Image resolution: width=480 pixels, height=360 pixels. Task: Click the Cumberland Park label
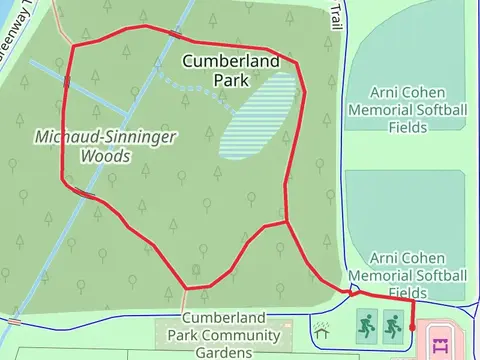coord(229,70)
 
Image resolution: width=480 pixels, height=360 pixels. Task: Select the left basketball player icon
coord(365,324)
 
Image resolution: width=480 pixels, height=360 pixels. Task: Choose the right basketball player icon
coord(392,324)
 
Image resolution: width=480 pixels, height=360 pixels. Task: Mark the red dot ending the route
coord(412,326)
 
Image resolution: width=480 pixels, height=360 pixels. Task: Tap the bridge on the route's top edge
coord(176,34)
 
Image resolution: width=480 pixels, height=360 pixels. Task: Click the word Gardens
coord(224,352)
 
